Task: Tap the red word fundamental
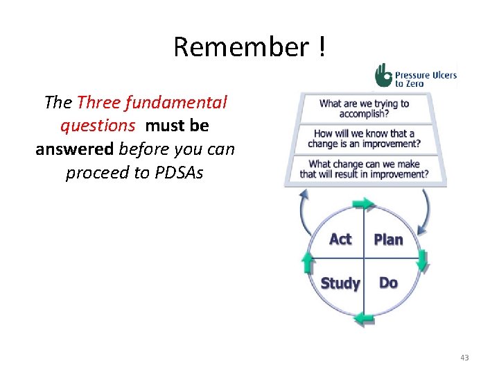(x=186, y=103)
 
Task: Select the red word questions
(x=97, y=126)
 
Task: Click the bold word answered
(x=75, y=149)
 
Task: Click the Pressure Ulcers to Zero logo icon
(x=383, y=75)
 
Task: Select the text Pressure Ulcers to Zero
(x=425, y=76)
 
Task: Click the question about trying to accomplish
(x=364, y=109)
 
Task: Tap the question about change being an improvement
(x=364, y=138)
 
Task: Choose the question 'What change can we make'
(x=364, y=169)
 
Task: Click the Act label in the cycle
(x=340, y=239)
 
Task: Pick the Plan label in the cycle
(x=388, y=240)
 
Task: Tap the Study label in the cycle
(x=340, y=283)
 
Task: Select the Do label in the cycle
(x=388, y=283)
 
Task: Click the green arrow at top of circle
(x=363, y=203)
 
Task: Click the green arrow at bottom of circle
(x=364, y=318)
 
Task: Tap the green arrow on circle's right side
(x=422, y=261)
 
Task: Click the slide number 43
(x=464, y=358)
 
